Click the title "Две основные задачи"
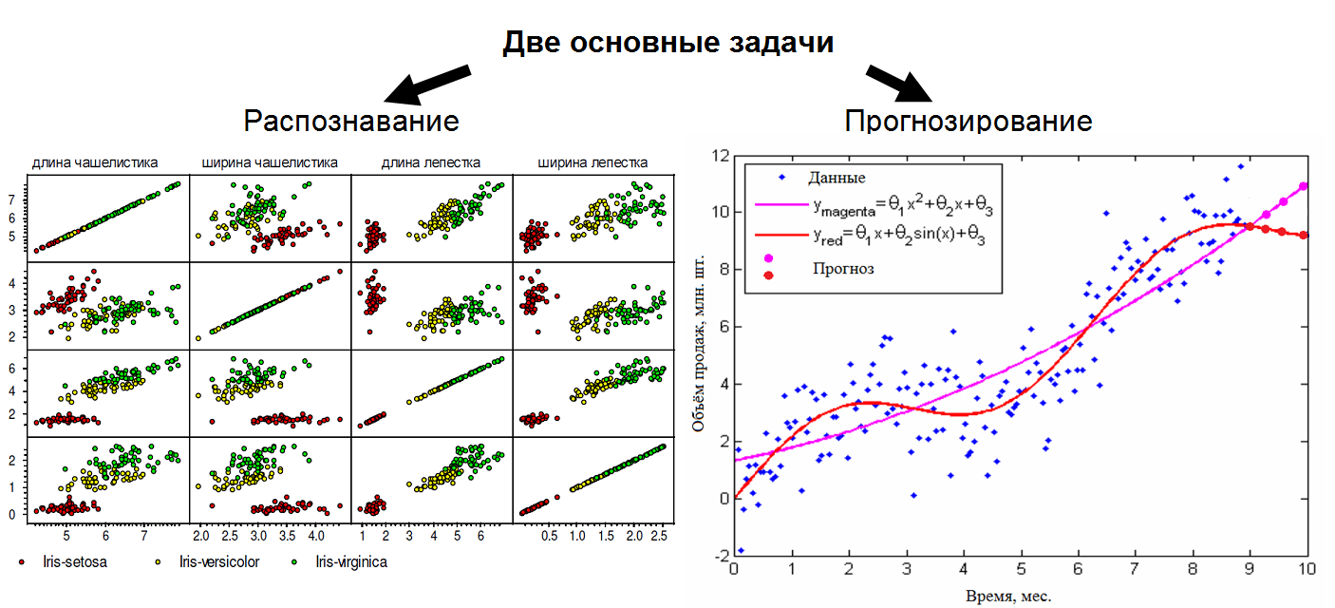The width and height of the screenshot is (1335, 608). [x=667, y=43]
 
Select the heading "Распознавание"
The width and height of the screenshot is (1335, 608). [x=350, y=121]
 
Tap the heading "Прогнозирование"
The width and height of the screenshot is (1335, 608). [x=968, y=121]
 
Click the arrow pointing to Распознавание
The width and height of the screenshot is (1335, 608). [x=427, y=85]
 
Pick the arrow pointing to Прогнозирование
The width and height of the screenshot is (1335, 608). [x=902, y=85]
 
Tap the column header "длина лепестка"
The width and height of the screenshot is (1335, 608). [x=431, y=162]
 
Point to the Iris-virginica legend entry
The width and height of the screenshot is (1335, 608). [x=343, y=561]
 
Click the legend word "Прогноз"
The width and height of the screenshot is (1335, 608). [x=843, y=269]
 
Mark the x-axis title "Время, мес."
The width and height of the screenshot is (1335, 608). [x=1008, y=596]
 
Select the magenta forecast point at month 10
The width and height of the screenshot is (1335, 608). [x=1304, y=186]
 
